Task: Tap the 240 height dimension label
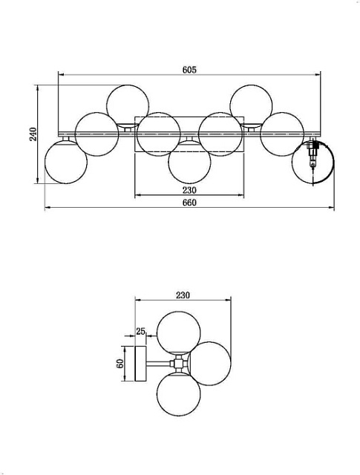(33, 134)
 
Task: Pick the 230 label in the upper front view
(189, 190)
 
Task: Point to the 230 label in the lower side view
(183, 295)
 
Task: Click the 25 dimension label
(141, 331)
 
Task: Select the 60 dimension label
(119, 364)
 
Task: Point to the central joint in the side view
(178, 364)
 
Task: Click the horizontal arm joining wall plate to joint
(159, 364)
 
